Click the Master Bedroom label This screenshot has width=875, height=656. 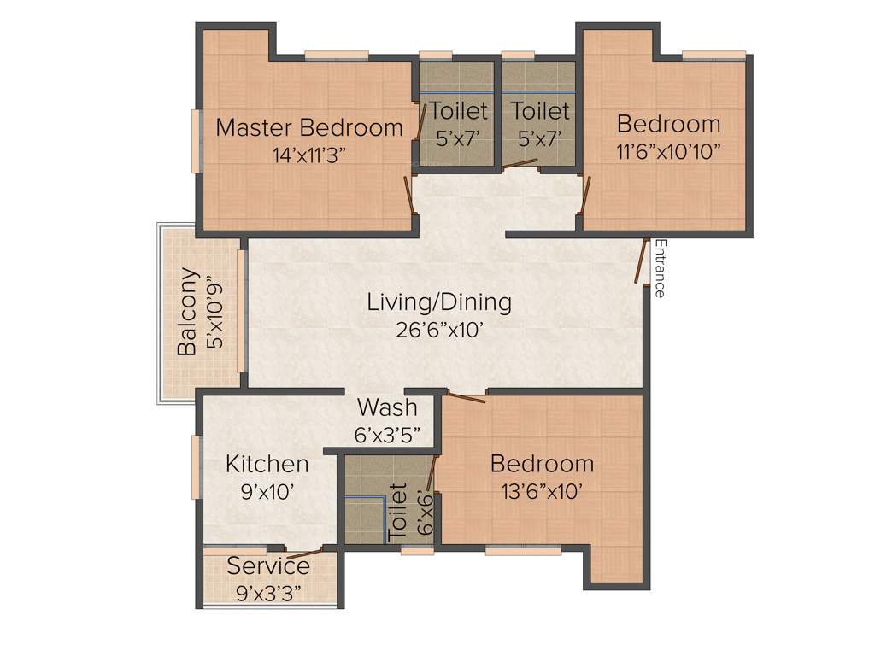point(308,128)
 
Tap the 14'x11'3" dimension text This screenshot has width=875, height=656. point(308,155)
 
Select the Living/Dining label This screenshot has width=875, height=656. point(439,302)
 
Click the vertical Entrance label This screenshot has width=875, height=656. point(659,268)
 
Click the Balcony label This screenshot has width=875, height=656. point(189,313)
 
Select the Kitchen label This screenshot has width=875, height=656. point(267,464)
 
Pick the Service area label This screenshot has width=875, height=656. point(268,566)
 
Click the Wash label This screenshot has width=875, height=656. point(387,407)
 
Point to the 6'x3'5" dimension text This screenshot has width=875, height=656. point(387,433)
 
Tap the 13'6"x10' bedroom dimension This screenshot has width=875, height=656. point(541,490)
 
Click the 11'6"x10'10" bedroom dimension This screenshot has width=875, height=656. point(668,150)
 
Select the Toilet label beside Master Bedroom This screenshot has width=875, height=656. point(459,111)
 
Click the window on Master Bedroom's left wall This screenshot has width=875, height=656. point(197,142)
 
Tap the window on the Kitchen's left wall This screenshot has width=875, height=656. point(197,466)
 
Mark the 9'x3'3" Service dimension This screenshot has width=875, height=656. point(268,592)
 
